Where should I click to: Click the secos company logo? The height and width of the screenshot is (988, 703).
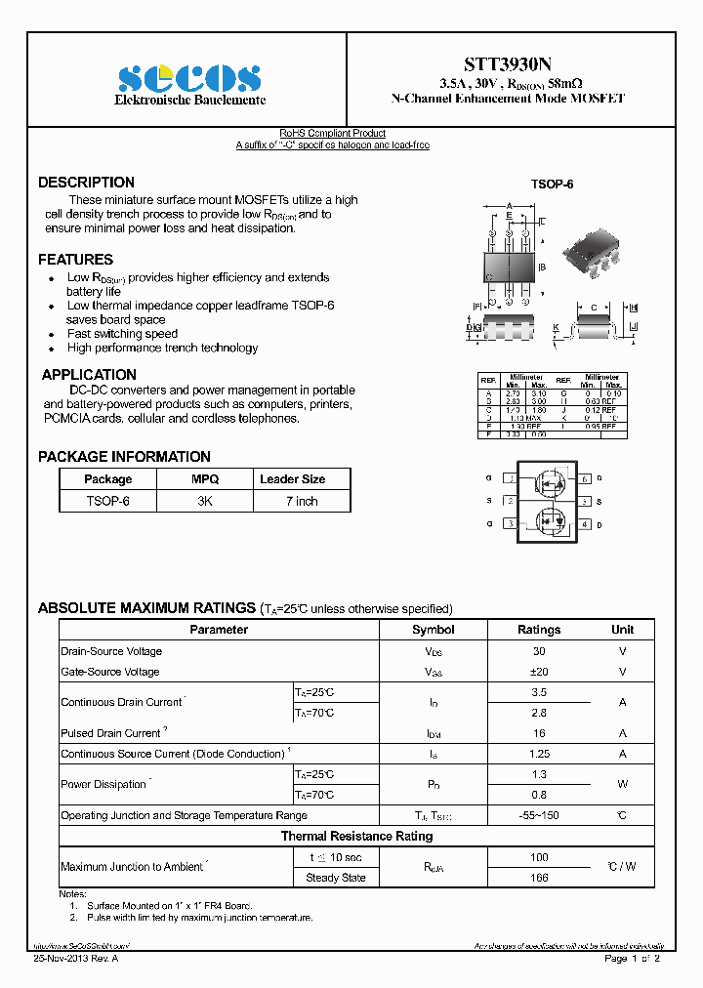tap(189, 78)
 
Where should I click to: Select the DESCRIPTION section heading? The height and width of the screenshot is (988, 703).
tap(86, 183)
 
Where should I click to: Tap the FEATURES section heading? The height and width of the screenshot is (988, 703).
tap(75, 260)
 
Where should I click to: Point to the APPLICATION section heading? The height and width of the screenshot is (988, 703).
tap(89, 375)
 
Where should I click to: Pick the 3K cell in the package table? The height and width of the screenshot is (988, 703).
tap(205, 501)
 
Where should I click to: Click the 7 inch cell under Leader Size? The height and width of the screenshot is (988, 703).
tap(302, 501)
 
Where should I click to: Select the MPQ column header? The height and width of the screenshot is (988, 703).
tap(205, 479)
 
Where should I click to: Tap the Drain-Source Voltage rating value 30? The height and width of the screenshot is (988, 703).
tap(538, 651)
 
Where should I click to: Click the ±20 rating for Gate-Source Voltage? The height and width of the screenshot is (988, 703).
tap(538, 672)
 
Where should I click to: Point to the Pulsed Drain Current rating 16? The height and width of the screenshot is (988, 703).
tap(538, 733)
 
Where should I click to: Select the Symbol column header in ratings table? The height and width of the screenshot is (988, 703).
tap(433, 630)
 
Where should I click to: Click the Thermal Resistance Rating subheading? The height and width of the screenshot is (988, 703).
tap(356, 836)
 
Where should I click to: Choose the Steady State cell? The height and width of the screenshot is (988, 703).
tap(335, 878)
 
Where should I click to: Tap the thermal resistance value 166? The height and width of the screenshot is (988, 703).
tap(538, 878)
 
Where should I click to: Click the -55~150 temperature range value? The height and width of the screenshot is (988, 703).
tap(538, 815)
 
